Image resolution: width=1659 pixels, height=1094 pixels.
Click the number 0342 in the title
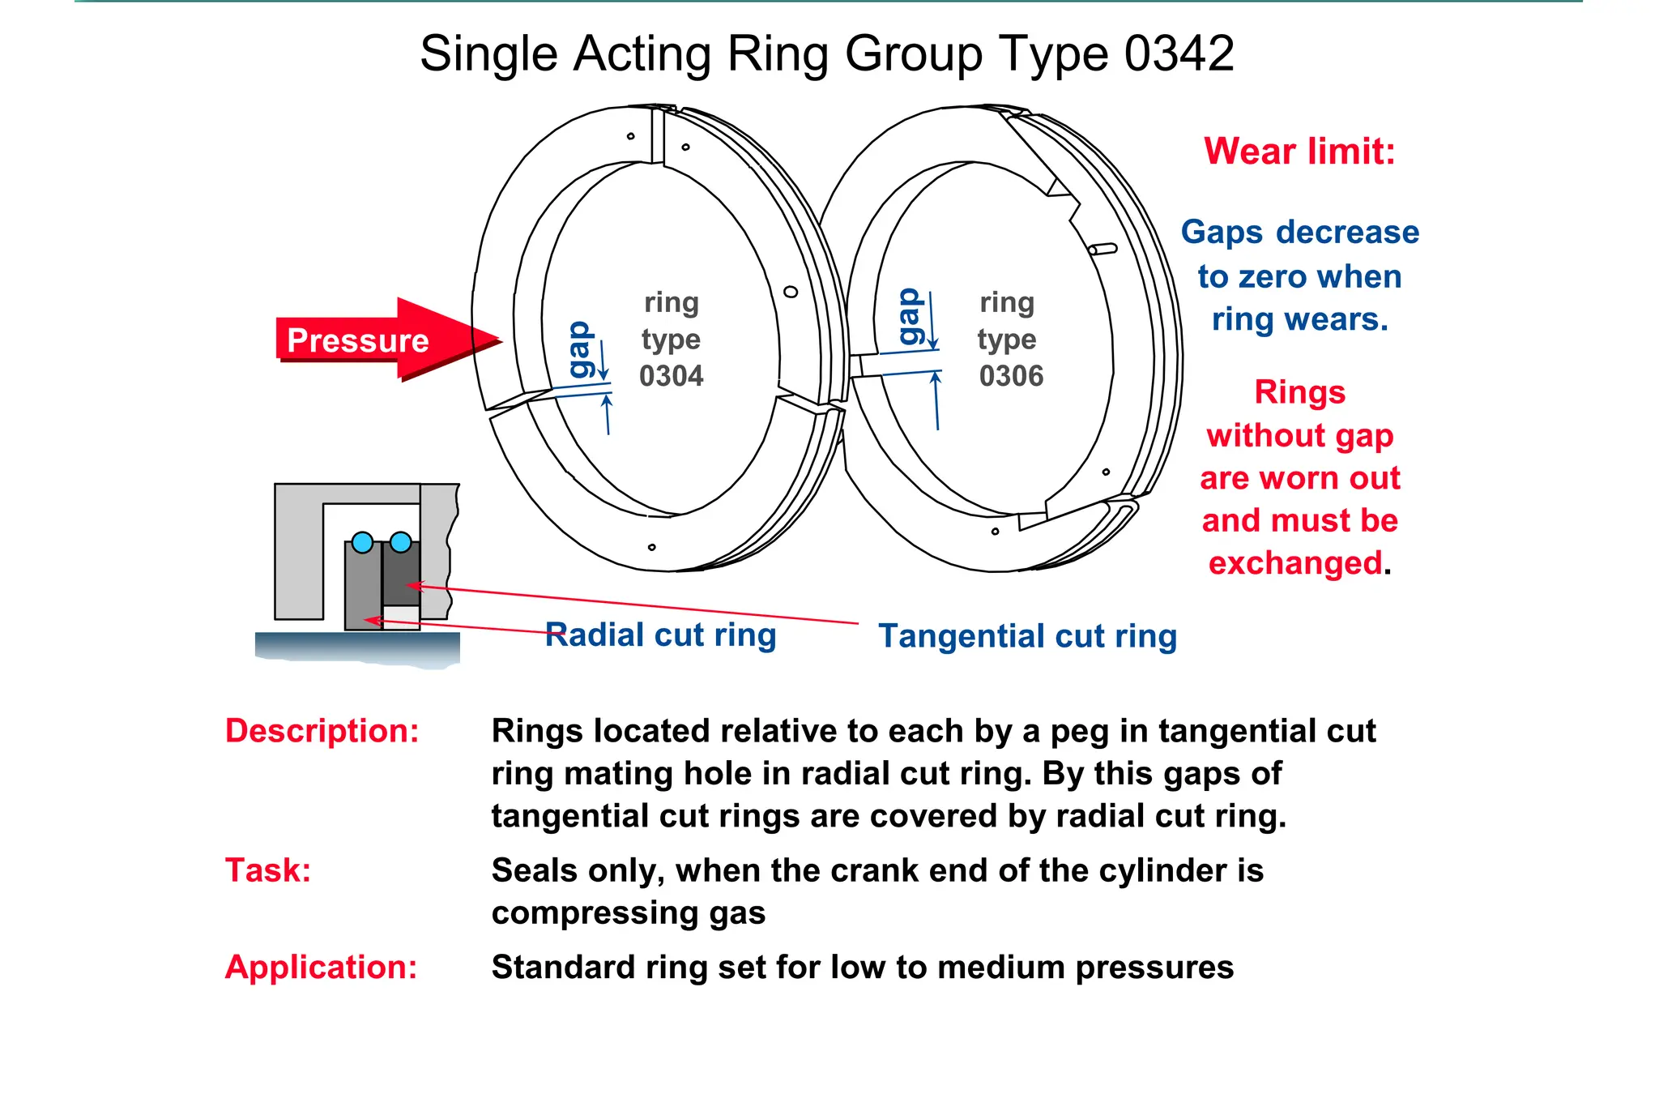(1179, 54)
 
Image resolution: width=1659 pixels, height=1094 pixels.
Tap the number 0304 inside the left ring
(671, 376)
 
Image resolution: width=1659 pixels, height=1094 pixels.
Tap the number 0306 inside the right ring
(1011, 376)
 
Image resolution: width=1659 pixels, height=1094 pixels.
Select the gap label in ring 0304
(580, 349)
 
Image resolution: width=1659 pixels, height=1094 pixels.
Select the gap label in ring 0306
(909, 317)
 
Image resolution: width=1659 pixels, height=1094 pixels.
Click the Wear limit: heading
(1299, 152)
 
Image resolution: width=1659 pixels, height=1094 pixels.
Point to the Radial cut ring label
(660, 635)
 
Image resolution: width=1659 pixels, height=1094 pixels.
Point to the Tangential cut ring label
(1027, 636)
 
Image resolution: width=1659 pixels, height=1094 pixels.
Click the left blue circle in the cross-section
(362, 542)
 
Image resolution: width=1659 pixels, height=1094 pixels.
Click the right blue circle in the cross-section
(400, 541)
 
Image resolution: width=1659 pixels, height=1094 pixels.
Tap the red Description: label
(322, 731)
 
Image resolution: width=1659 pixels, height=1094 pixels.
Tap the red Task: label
(268, 870)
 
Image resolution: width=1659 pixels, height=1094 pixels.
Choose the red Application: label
(321, 967)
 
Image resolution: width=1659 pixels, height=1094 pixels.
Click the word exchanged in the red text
(1294, 563)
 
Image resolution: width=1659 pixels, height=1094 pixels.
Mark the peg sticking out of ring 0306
(1103, 250)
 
